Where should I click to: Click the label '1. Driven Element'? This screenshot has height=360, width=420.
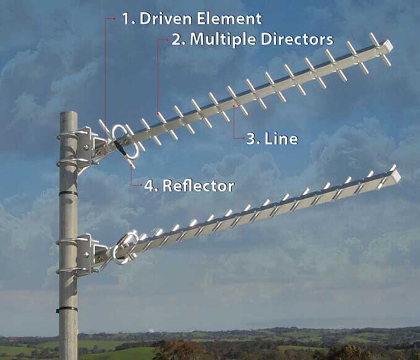[x=191, y=18]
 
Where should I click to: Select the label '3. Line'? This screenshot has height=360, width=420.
[x=272, y=138]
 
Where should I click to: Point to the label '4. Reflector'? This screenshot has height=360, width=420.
[x=189, y=186]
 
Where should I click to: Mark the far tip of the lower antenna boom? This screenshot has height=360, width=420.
[x=396, y=176]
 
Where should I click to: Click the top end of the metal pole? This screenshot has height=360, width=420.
[x=68, y=114]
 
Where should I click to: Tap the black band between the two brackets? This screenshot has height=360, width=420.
[x=68, y=193]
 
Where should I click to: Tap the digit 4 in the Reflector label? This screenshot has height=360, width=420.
[x=149, y=186]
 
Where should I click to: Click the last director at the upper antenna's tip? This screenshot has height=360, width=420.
[x=380, y=49]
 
